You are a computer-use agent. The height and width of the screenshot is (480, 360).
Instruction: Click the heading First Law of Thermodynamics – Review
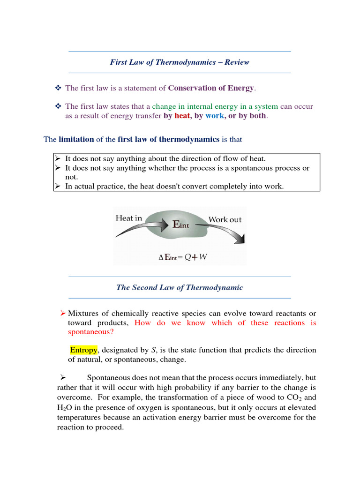[x=180, y=62]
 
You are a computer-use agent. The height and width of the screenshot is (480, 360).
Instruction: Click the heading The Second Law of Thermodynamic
[x=180, y=287]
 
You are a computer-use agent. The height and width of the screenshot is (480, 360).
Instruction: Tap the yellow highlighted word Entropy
[x=84, y=350]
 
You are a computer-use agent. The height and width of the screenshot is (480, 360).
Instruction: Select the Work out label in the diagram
[x=225, y=219]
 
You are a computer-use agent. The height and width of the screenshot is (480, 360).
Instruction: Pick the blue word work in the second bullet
[x=215, y=116]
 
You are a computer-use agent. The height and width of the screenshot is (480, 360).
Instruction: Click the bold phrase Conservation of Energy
[x=211, y=88]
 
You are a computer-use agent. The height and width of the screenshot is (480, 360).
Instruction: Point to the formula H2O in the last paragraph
[x=66, y=407]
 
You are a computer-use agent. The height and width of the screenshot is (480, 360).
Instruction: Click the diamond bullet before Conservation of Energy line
[x=58, y=88]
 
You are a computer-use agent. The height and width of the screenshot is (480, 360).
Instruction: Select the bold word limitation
[x=76, y=139]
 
